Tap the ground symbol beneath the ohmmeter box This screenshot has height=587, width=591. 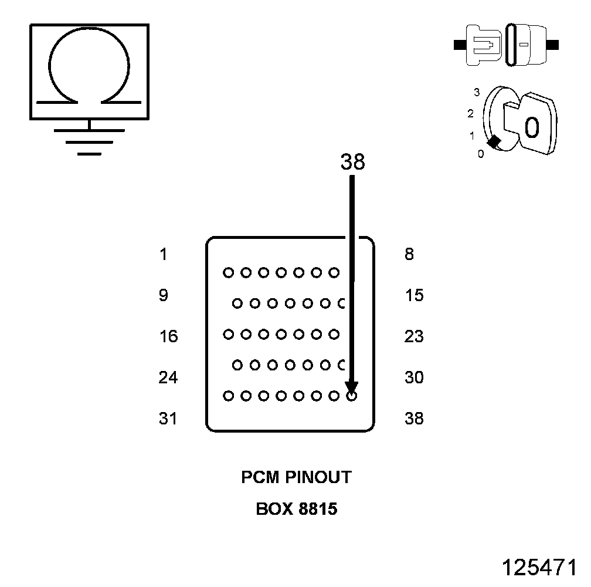click(x=89, y=141)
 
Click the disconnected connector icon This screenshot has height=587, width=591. click(x=507, y=45)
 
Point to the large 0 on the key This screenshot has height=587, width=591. click(x=531, y=127)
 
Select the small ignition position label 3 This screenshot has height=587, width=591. click(x=477, y=92)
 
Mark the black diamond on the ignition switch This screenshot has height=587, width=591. click(x=494, y=141)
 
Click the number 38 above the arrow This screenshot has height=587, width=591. click(x=352, y=163)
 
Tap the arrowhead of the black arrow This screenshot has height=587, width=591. click(x=351, y=387)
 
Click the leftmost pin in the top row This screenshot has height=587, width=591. click(x=228, y=272)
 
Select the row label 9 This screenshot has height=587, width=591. click(x=163, y=295)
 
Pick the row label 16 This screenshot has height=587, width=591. click(x=168, y=336)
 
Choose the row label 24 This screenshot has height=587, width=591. click(x=168, y=377)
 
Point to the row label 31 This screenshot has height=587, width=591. click(x=168, y=419)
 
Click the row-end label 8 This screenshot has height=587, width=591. click(x=409, y=254)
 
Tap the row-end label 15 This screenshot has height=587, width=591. click(x=414, y=295)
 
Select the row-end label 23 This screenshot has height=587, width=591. click(x=414, y=336)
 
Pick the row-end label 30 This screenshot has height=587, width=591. click(x=414, y=377)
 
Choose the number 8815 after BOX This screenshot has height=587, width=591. click(x=318, y=508)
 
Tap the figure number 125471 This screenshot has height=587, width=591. click(x=539, y=568)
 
